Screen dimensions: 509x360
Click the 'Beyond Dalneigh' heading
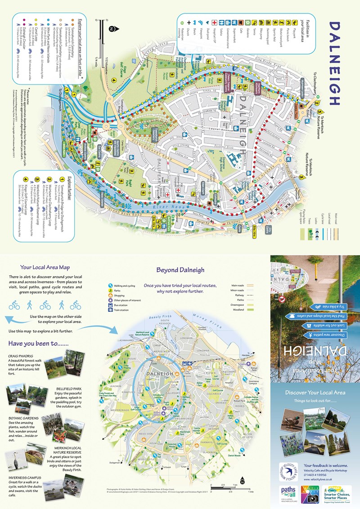(180, 270)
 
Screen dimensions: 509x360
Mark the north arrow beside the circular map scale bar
(243, 481)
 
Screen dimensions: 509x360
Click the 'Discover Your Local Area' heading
(315, 393)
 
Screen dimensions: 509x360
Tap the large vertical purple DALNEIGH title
(336, 63)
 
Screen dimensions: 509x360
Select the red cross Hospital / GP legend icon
(215, 22)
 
